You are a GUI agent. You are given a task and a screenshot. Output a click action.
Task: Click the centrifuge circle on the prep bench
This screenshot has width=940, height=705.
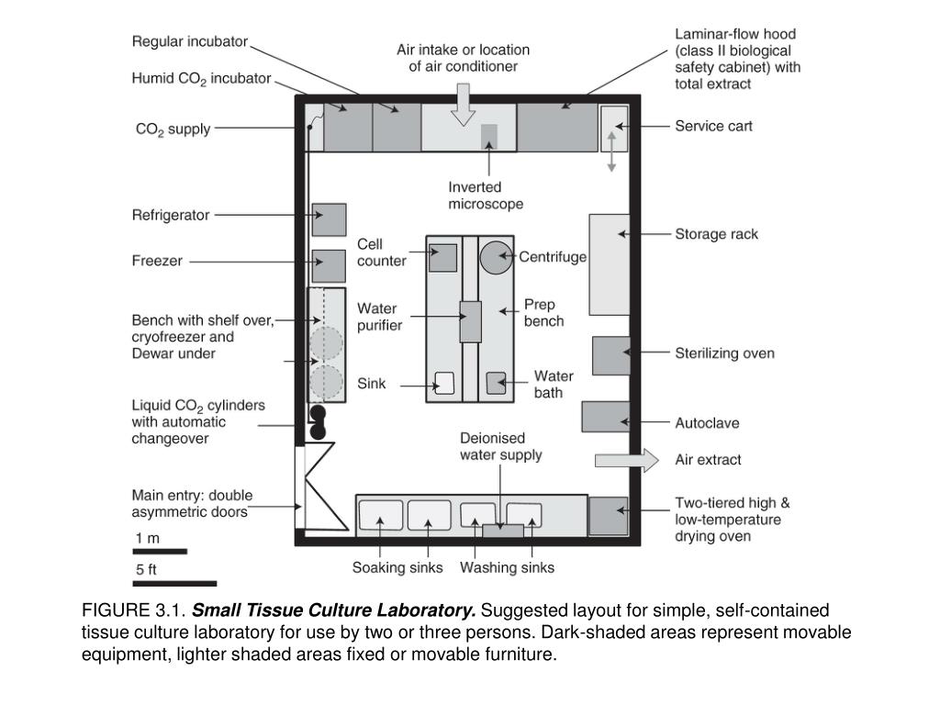click(x=497, y=258)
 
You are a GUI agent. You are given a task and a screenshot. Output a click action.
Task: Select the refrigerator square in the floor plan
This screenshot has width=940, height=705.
click(x=329, y=220)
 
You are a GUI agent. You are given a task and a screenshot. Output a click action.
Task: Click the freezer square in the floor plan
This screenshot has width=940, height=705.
click(x=329, y=265)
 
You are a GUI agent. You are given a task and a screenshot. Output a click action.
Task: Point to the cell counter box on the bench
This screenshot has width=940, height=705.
click(x=443, y=257)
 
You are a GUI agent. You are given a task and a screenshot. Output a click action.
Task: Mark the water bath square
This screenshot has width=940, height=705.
click(x=496, y=383)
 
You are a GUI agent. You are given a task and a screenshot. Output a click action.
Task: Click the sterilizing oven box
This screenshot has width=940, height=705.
click(x=610, y=356)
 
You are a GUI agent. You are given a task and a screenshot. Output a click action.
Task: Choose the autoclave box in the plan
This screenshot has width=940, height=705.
click(x=605, y=416)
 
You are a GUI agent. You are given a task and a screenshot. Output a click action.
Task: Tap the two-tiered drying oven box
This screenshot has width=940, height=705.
click(x=608, y=515)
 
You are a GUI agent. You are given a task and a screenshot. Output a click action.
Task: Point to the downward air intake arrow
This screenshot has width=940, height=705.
click(x=464, y=104)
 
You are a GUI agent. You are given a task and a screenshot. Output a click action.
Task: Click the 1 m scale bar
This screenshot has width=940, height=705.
click(x=160, y=552)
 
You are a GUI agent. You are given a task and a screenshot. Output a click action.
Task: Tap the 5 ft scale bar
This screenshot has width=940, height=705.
click(x=174, y=583)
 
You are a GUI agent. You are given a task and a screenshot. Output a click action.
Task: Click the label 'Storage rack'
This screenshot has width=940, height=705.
click(x=717, y=234)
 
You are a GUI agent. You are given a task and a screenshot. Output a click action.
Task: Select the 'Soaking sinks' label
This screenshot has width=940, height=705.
click(x=397, y=567)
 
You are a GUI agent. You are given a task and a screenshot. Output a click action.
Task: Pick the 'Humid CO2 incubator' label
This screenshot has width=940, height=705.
click(x=202, y=79)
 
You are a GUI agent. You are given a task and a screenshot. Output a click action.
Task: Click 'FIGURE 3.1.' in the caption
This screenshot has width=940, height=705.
click(x=134, y=610)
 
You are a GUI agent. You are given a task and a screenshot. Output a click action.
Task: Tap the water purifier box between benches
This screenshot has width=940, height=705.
click(x=470, y=321)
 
